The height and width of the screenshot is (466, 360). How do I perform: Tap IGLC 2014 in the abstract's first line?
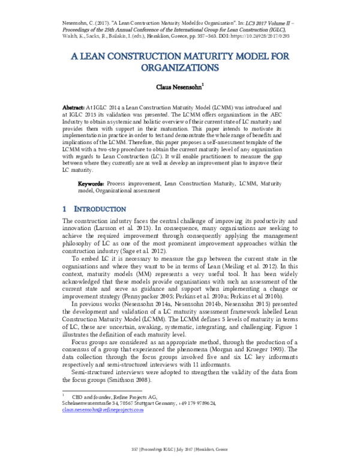108,106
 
